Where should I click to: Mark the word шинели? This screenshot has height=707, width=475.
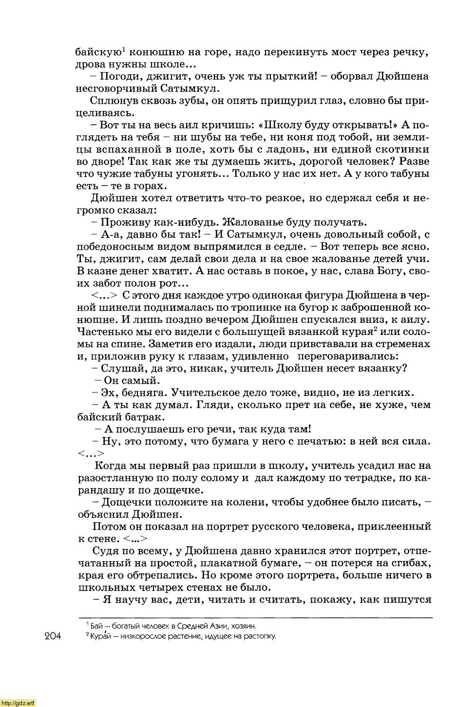click(111, 308)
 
